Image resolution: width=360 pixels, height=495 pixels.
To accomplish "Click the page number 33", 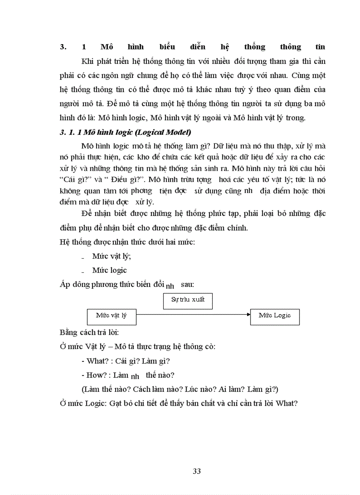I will pyautogui.click(x=197, y=471).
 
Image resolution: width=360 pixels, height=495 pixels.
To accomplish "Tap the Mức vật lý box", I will pyautogui.click(x=111, y=316).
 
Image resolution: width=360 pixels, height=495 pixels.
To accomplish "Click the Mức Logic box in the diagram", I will pyautogui.click(x=274, y=316).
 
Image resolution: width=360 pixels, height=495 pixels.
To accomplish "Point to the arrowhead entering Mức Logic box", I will pyautogui.click(x=247, y=315).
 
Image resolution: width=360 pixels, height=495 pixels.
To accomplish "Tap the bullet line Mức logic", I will pyautogui.click(x=109, y=270).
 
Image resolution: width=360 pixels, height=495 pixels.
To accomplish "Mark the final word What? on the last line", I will pyautogui.click(x=286, y=403).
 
